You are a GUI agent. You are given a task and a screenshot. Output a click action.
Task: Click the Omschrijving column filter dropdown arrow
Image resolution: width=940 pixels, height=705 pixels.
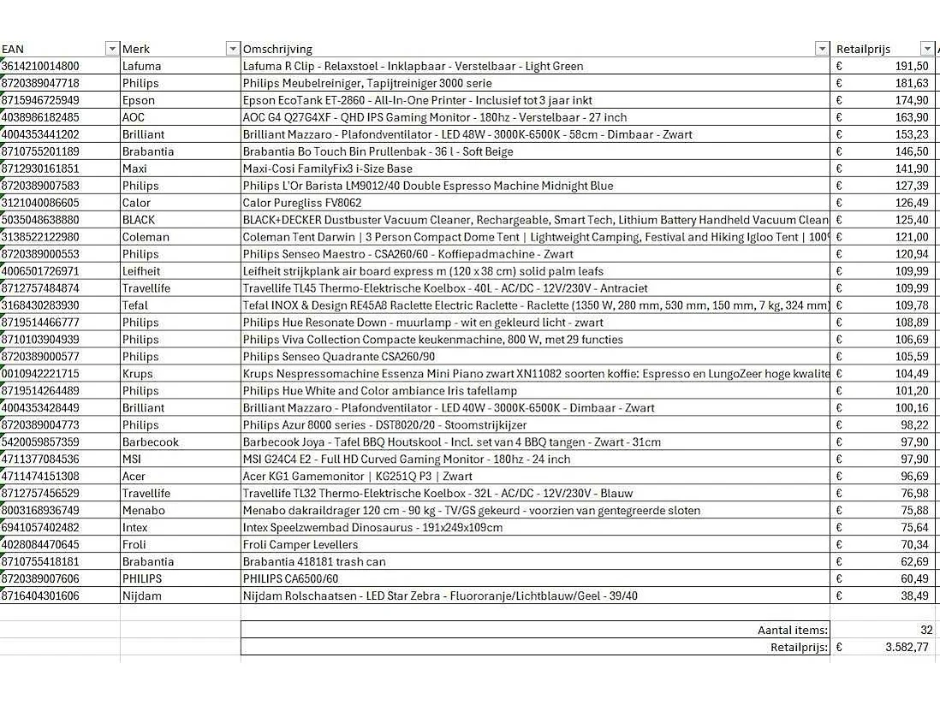point(822,49)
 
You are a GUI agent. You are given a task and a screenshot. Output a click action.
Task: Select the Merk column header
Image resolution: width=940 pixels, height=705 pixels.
point(136,49)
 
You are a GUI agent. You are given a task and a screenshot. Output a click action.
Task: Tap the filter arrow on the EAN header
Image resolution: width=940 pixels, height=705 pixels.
point(111,49)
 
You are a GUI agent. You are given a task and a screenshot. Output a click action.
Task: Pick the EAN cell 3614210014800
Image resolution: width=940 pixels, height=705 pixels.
point(41,66)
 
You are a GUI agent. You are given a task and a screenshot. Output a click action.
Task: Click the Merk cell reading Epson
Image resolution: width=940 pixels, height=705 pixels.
point(139,100)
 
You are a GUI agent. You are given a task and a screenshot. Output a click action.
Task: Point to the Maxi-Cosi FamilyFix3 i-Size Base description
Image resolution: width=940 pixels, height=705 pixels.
point(327,169)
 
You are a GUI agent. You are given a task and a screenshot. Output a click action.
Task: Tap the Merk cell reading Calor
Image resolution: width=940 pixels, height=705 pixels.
point(136,203)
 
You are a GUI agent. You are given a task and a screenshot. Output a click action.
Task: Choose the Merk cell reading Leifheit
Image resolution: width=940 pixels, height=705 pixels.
point(141,271)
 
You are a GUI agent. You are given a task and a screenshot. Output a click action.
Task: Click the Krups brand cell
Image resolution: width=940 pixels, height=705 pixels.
point(138,374)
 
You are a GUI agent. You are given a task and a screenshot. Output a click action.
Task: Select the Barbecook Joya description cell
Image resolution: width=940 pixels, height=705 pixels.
point(451,442)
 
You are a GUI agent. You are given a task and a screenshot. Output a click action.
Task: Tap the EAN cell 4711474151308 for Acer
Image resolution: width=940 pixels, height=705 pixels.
point(41,477)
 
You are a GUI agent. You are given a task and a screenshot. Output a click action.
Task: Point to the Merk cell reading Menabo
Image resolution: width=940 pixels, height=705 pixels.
point(144,511)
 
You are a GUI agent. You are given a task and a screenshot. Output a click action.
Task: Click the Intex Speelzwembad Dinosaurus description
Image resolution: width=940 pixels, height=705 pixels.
point(372,528)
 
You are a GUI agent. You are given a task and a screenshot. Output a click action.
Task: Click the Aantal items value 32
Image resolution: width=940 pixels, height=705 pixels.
point(926,631)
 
